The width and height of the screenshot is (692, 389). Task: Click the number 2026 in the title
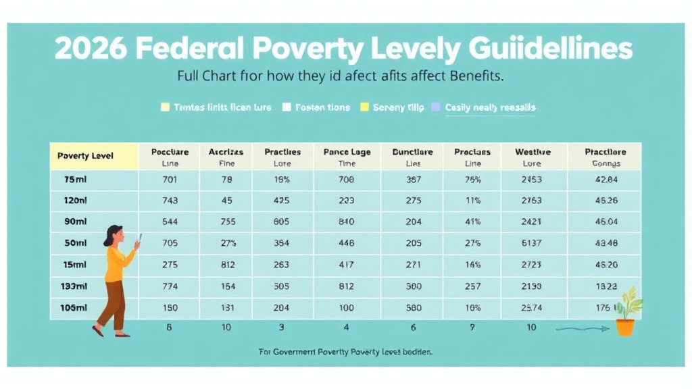(89, 50)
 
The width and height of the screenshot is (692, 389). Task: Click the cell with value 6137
(532, 243)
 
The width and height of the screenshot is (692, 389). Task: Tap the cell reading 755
(226, 222)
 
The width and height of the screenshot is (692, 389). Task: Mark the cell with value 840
(347, 222)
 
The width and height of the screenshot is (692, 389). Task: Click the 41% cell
(473, 222)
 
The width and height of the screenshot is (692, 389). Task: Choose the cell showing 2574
(532, 307)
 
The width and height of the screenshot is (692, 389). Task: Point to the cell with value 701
(170, 180)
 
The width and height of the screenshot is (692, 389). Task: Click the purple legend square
(435, 107)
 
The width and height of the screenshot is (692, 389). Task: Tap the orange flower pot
(625, 328)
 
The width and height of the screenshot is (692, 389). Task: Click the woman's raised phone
(140, 238)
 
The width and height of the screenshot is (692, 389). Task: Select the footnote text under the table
(345, 352)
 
